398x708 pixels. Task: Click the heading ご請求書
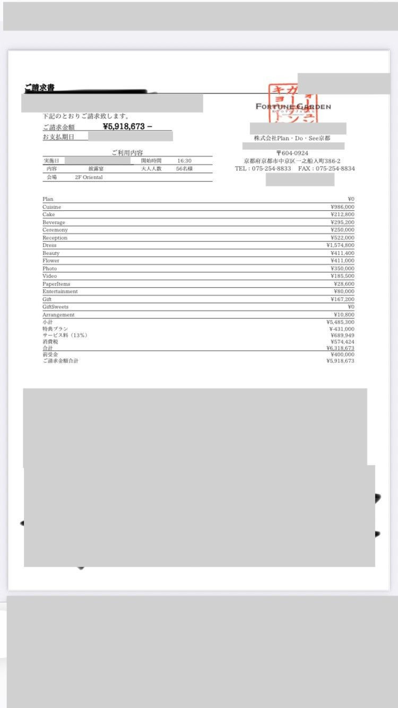(39, 88)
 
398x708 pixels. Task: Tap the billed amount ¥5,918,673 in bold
(127, 127)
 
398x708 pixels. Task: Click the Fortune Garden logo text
(293, 106)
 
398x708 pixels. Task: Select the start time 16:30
(185, 160)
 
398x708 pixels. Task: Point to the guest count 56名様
(185, 168)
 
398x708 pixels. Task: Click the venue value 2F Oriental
(89, 177)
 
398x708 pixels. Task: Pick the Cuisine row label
(52, 207)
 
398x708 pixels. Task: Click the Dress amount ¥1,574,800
(340, 245)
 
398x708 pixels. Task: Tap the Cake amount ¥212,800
(342, 214)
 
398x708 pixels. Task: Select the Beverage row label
(54, 222)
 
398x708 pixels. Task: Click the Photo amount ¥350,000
(342, 269)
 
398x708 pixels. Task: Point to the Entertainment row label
(60, 291)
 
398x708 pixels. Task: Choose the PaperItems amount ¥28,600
(344, 284)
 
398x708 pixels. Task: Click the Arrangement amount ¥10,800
(344, 315)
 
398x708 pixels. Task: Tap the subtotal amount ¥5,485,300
(340, 322)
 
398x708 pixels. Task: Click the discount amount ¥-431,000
(341, 329)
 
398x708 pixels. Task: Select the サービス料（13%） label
(65, 335)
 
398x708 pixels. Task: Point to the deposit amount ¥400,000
(342, 355)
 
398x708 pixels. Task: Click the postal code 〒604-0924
(292, 153)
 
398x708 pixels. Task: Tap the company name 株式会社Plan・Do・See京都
(292, 139)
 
